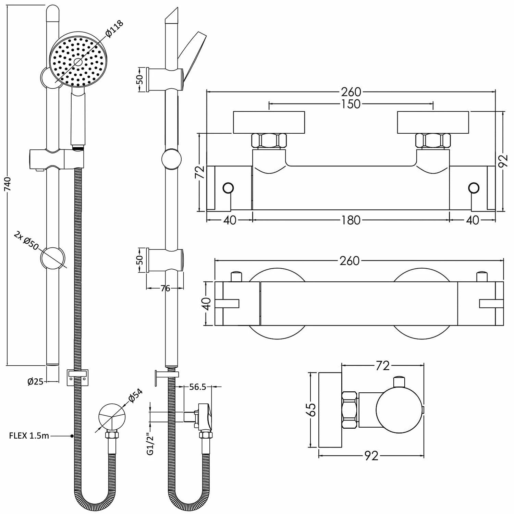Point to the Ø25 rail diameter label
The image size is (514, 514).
point(35,381)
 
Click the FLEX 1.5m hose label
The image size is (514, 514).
point(29,436)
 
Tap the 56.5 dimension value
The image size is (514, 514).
point(197,387)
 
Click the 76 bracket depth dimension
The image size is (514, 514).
point(165,289)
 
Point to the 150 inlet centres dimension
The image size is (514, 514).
point(351,103)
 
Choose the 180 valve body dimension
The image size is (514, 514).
point(351,220)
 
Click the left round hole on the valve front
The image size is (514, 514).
point(228,188)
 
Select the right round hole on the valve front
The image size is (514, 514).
point(474,188)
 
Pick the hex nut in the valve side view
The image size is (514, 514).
point(350,410)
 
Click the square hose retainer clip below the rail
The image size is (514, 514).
point(78,377)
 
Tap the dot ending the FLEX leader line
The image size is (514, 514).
point(72,436)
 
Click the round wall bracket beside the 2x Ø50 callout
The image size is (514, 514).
point(52,258)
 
